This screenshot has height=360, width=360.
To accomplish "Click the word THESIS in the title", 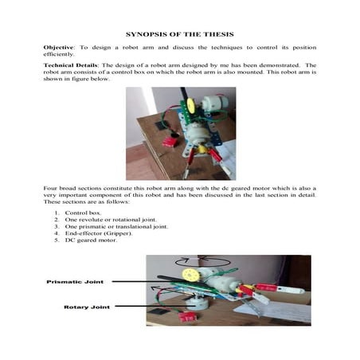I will click(215, 34).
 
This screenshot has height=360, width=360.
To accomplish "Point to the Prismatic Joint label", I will click(75, 281).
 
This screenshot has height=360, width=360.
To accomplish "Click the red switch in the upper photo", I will click(168, 142).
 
